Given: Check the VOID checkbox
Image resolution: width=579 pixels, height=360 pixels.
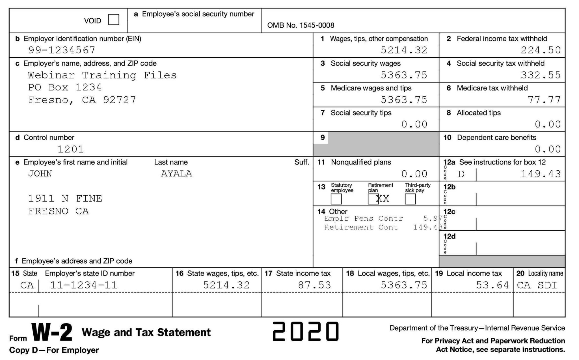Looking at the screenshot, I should click(114, 20).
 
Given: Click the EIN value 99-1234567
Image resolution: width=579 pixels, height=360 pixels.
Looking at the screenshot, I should click(62, 50).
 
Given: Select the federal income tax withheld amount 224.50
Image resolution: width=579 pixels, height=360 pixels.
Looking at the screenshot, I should click(541, 50).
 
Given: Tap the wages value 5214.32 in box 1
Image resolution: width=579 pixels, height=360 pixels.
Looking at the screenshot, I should click(404, 50).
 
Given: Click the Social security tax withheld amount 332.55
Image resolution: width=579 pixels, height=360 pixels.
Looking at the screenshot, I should click(541, 75).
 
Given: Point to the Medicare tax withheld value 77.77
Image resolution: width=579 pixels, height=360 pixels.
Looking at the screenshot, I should click(544, 100).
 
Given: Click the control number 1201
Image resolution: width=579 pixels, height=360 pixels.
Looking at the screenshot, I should click(71, 149).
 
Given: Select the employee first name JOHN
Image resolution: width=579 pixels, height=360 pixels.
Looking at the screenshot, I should click(40, 174).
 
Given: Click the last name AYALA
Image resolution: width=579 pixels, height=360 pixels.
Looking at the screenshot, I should click(176, 174).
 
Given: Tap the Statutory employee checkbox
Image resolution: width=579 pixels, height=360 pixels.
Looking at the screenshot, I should click(336, 199).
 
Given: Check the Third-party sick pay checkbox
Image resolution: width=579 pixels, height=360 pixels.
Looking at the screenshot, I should click(410, 199).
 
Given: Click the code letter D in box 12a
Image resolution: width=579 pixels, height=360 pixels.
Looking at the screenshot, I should click(461, 174).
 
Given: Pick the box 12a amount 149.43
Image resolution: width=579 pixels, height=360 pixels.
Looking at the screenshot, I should click(541, 174).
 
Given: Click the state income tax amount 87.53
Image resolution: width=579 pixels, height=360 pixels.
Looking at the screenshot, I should click(314, 285).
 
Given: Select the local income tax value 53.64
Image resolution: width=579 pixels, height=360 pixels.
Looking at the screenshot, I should click(492, 285).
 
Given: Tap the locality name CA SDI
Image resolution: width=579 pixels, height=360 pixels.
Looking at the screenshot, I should click(537, 285).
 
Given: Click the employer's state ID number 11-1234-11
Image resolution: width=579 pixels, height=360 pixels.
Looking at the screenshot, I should click(84, 285).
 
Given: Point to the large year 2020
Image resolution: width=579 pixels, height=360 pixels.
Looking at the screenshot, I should click(305, 331).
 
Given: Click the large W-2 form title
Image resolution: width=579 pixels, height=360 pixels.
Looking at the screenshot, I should click(52, 333).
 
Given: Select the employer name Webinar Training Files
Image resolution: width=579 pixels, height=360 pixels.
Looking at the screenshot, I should click(102, 75).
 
